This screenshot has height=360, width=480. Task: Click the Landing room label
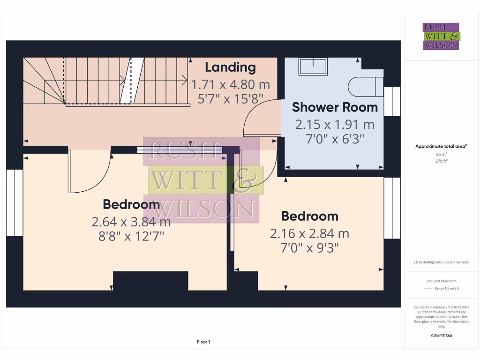pyautogui.click(x=231, y=67)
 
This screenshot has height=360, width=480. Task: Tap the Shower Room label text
pyautogui.click(x=335, y=107)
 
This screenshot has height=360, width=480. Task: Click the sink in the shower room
pyautogui.click(x=314, y=67)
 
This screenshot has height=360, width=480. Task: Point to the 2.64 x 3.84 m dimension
pyautogui.click(x=131, y=221)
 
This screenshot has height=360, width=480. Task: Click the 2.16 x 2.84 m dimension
pyautogui.click(x=309, y=233)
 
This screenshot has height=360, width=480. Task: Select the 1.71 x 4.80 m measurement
pyautogui.click(x=231, y=85)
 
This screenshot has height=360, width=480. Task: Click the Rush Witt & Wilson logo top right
pyautogui.click(x=442, y=37)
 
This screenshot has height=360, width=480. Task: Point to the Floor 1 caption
pyautogui.click(x=203, y=342)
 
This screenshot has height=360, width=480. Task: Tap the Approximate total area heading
pyautogui.click(x=441, y=146)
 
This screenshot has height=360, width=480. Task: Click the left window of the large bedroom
pyautogui.click(x=15, y=202)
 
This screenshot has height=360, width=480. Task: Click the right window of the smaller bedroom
pyautogui.click(x=392, y=208)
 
